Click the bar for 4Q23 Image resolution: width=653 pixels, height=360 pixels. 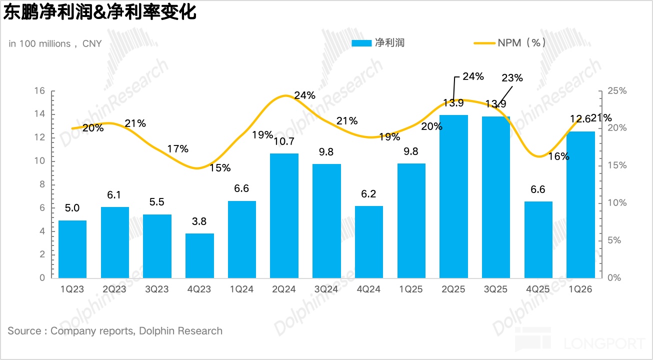click(199, 255)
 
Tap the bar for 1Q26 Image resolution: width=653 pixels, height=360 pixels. click(580, 204)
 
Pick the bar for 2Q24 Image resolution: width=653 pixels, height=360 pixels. click(284, 215)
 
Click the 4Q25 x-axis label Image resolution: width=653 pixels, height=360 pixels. click(538, 289)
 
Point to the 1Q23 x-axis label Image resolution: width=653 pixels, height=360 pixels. click(72, 289)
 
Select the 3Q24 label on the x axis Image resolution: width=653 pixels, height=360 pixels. click(326, 289)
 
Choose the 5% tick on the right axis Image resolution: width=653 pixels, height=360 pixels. click(613, 240)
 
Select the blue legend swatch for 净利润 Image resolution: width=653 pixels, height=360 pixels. click(361, 43)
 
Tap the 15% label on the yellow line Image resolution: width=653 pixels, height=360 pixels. click(220, 168)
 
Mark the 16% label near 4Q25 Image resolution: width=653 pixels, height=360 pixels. click(558, 156)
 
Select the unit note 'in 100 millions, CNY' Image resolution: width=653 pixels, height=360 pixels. click(55, 44)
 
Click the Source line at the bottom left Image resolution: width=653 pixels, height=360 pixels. click(115, 331)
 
